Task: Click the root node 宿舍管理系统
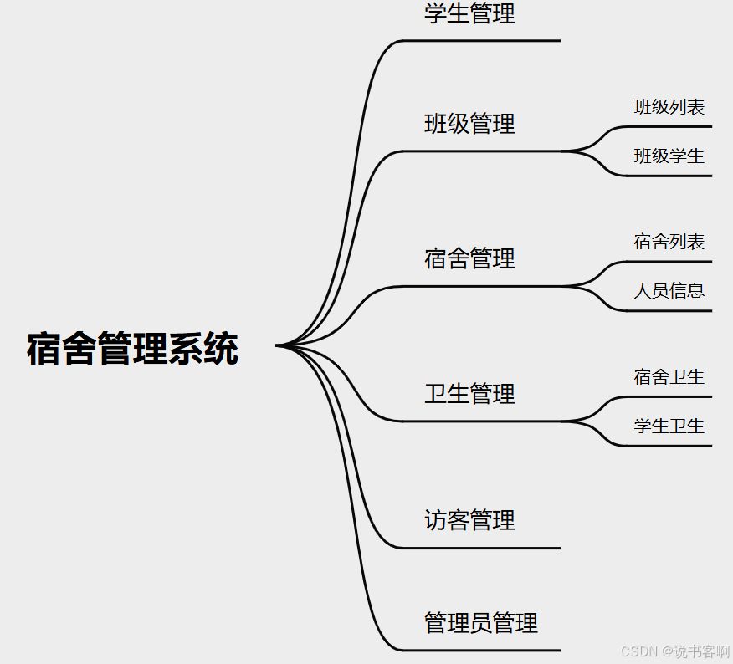(132, 349)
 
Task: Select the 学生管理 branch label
(469, 13)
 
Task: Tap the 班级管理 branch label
(469, 124)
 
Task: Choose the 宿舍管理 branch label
(469, 258)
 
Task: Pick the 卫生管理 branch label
(469, 393)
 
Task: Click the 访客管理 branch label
(469, 520)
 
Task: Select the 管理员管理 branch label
(481, 623)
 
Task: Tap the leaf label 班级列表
(669, 107)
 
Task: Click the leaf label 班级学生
(669, 156)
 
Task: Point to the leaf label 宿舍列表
(669, 242)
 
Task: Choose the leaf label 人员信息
(669, 290)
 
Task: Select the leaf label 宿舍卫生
(669, 377)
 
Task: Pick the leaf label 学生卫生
(669, 426)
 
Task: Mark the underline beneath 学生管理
(481, 40)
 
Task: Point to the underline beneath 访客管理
(481, 548)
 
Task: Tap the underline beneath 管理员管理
(481, 650)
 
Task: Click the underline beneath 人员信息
(669, 311)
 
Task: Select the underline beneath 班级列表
(669, 127)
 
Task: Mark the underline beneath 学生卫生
(669, 446)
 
